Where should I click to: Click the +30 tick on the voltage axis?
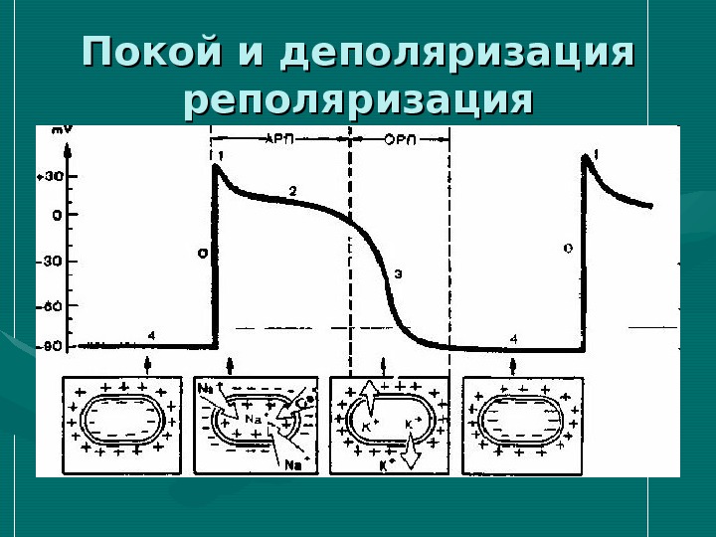(x=48, y=176)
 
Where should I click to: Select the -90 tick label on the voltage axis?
(x=48, y=346)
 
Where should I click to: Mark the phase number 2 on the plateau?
(x=292, y=189)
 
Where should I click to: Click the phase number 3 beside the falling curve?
(x=397, y=272)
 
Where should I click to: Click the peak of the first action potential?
(x=218, y=166)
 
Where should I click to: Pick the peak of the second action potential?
(x=587, y=157)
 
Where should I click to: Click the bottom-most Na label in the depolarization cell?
(x=294, y=464)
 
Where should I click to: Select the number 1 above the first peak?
(x=221, y=154)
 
